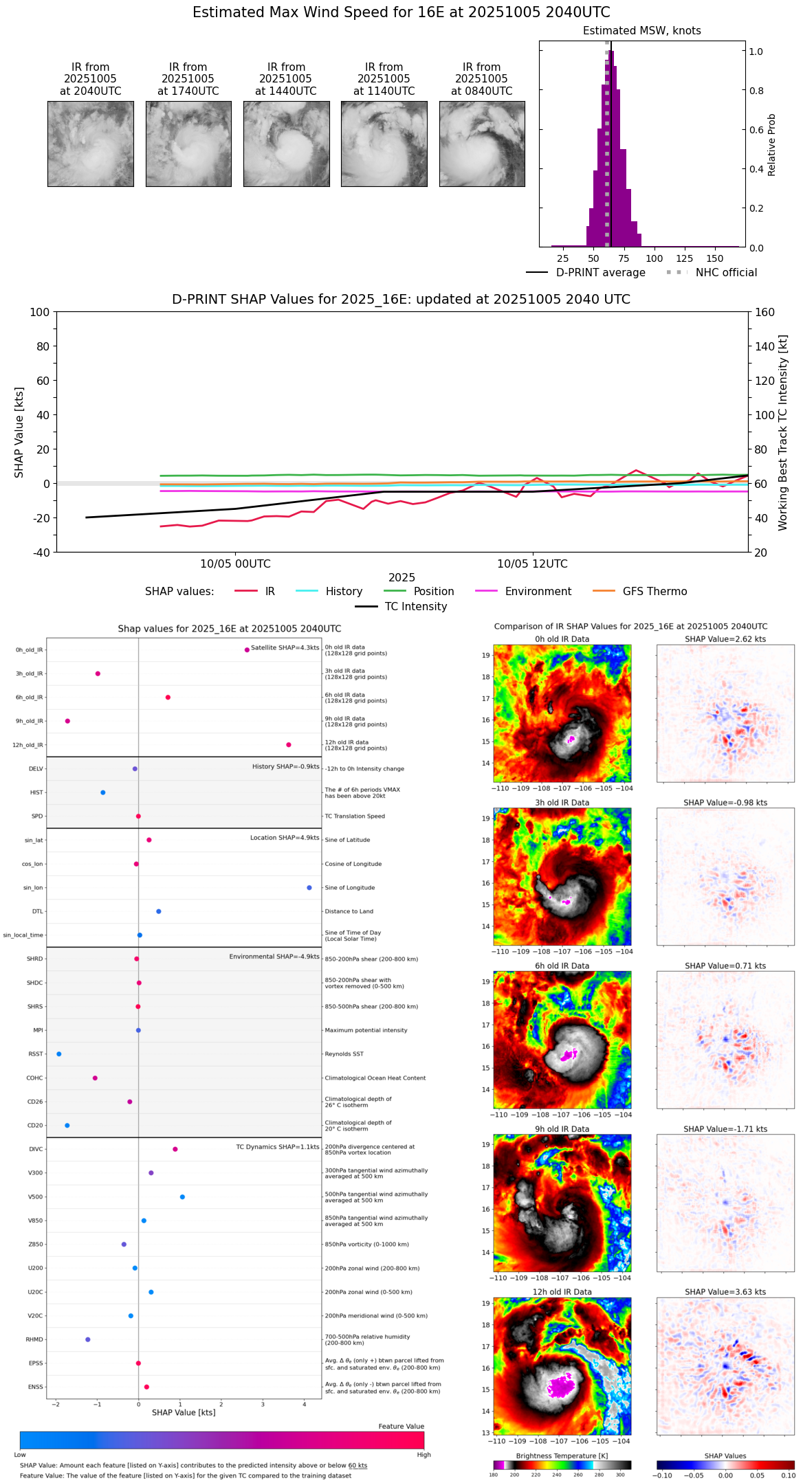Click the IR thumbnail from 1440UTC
coord(286,144)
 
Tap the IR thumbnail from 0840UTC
coord(482,144)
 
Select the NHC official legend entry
coord(712,273)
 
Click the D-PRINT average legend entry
coord(586,273)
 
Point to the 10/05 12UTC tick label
coord(532,564)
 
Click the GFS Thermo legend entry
coord(640,592)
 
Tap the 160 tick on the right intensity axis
coord(764,312)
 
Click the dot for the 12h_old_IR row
coord(289,745)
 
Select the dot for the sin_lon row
coord(309,888)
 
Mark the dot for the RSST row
coord(59,1054)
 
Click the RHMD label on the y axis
coord(34,1339)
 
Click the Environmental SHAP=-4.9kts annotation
coord(274,957)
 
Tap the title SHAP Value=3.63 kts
coord(725,1293)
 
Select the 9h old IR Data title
coord(562,1129)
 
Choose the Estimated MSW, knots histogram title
coord(641,31)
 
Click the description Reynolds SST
coord(344,1054)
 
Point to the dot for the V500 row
coord(182,1197)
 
